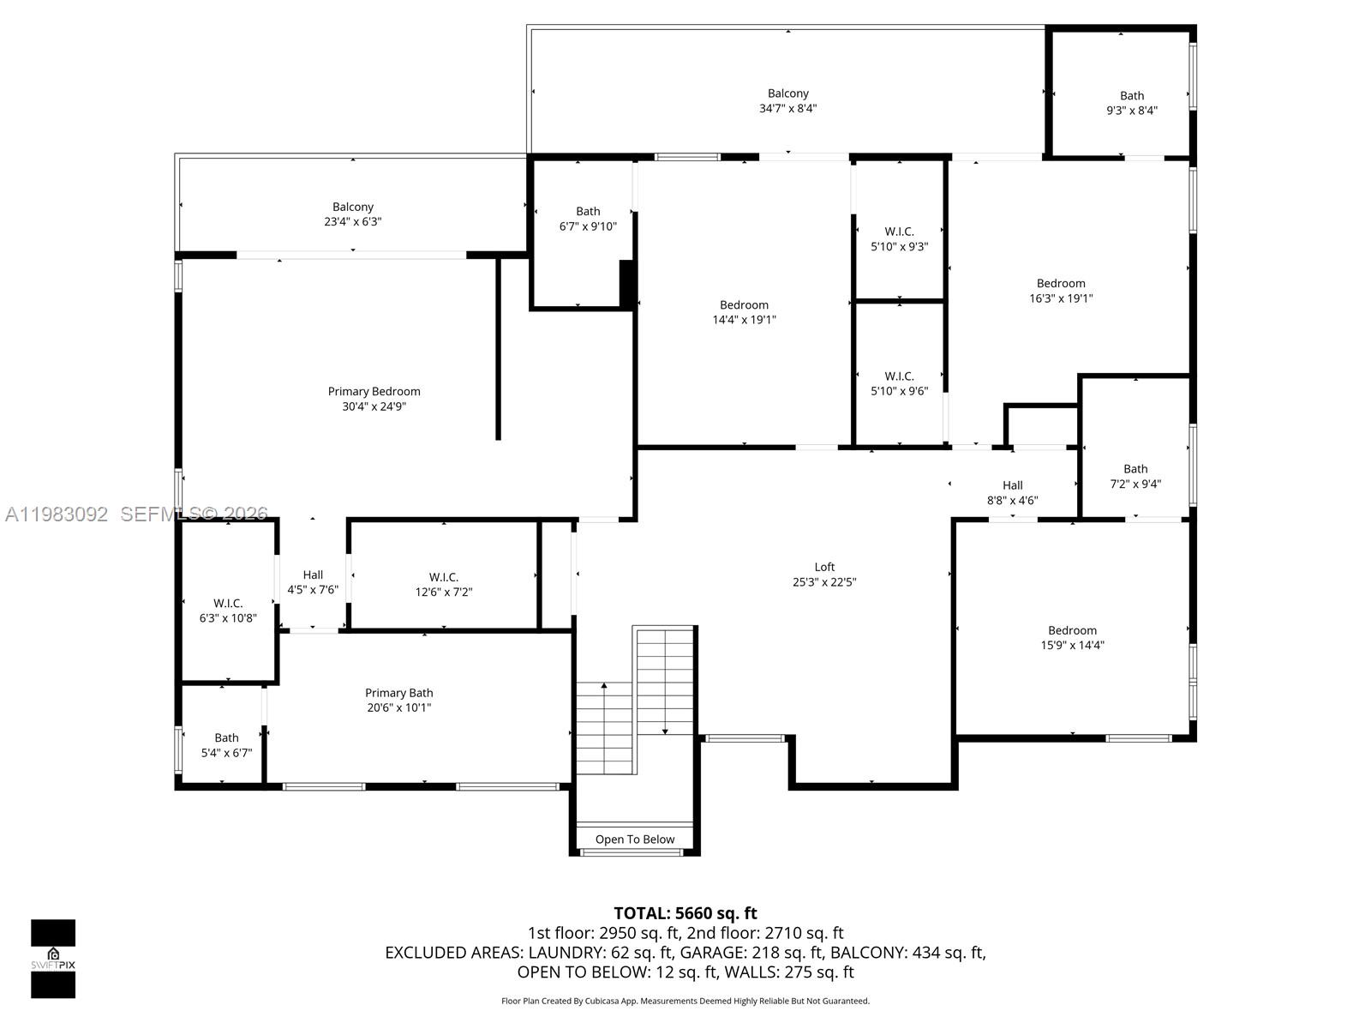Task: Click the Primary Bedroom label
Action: [x=374, y=392]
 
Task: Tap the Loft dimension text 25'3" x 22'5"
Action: [x=824, y=582]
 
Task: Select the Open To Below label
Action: [x=635, y=839]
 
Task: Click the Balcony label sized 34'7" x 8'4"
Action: [x=787, y=93]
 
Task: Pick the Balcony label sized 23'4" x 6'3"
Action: [x=353, y=207]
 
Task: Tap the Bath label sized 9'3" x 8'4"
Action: [x=1132, y=96]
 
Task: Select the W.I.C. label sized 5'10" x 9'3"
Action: [x=899, y=232]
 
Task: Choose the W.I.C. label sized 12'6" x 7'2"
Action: [x=443, y=577]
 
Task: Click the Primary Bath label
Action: [x=398, y=693]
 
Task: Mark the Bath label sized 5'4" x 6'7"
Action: [x=226, y=737]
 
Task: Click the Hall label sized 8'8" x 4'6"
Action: [x=1012, y=485]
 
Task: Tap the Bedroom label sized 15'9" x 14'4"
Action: [x=1072, y=630]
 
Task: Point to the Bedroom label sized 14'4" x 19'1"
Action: [x=744, y=305]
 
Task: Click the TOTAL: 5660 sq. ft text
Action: [x=685, y=913]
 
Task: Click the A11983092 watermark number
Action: [x=57, y=514]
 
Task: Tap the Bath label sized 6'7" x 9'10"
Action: [x=588, y=212]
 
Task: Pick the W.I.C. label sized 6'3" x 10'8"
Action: [x=228, y=604]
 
